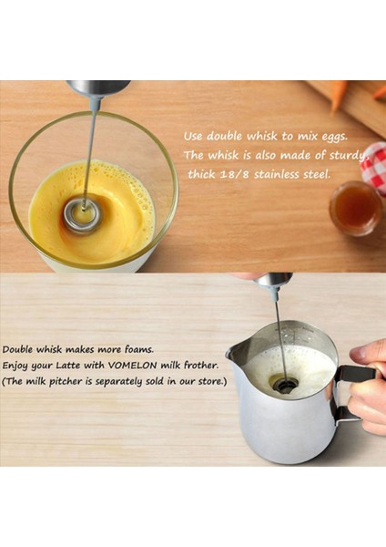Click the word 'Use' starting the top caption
tap(195, 136)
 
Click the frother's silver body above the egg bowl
tap(97, 88)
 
